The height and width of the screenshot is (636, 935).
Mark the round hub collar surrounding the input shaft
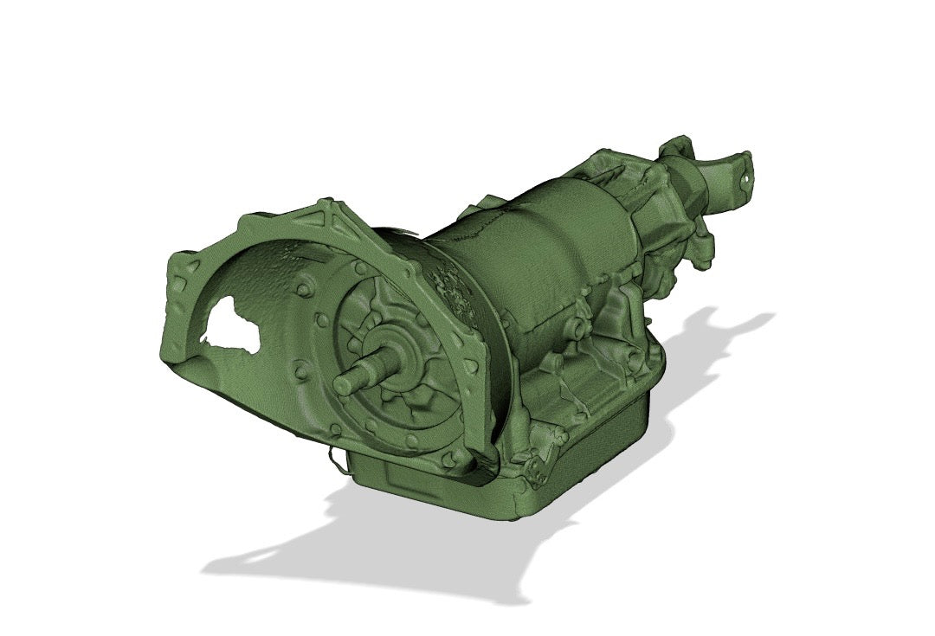[x=390, y=350]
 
